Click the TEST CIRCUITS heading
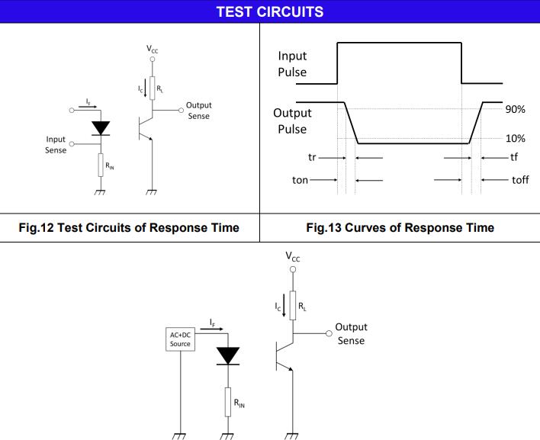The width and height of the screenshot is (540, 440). [x=269, y=11]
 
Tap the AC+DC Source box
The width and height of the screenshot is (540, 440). [x=181, y=339]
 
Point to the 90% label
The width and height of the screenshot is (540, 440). [x=516, y=110]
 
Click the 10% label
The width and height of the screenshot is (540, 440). [x=516, y=138]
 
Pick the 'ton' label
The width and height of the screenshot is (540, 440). [x=301, y=180]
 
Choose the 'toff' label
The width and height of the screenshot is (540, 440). [x=520, y=180]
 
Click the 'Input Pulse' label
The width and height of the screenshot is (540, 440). [x=292, y=64]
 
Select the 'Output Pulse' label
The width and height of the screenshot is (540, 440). [x=292, y=120]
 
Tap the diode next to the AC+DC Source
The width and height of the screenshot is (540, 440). [x=228, y=355]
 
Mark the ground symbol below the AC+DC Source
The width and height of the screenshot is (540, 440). [x=181, y=435]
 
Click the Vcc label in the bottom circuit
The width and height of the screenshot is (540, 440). [x=293, y=258]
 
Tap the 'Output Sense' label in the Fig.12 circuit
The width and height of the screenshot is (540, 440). [x=198, y=111]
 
